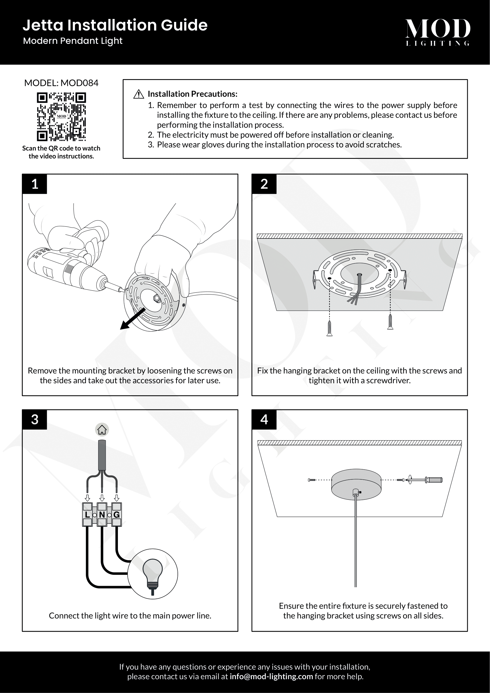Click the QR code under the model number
tap(61, 117)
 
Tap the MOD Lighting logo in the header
tap(438, 32)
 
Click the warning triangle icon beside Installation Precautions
tap(138, 94)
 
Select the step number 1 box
tap(35, 184)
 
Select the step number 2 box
tap(264, 184)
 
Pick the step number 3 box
tap(35, 419)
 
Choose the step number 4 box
tap(264, 419)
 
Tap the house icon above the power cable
tap(102, 430)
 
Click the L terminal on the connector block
tap(87, 515)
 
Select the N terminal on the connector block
tap(102, 515)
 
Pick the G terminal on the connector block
tap(116, 515)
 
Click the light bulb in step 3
tap(153, 576)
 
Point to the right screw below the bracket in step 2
tap(390, 322)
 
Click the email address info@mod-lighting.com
tap(271, 676)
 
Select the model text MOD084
tap(80, 83)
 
